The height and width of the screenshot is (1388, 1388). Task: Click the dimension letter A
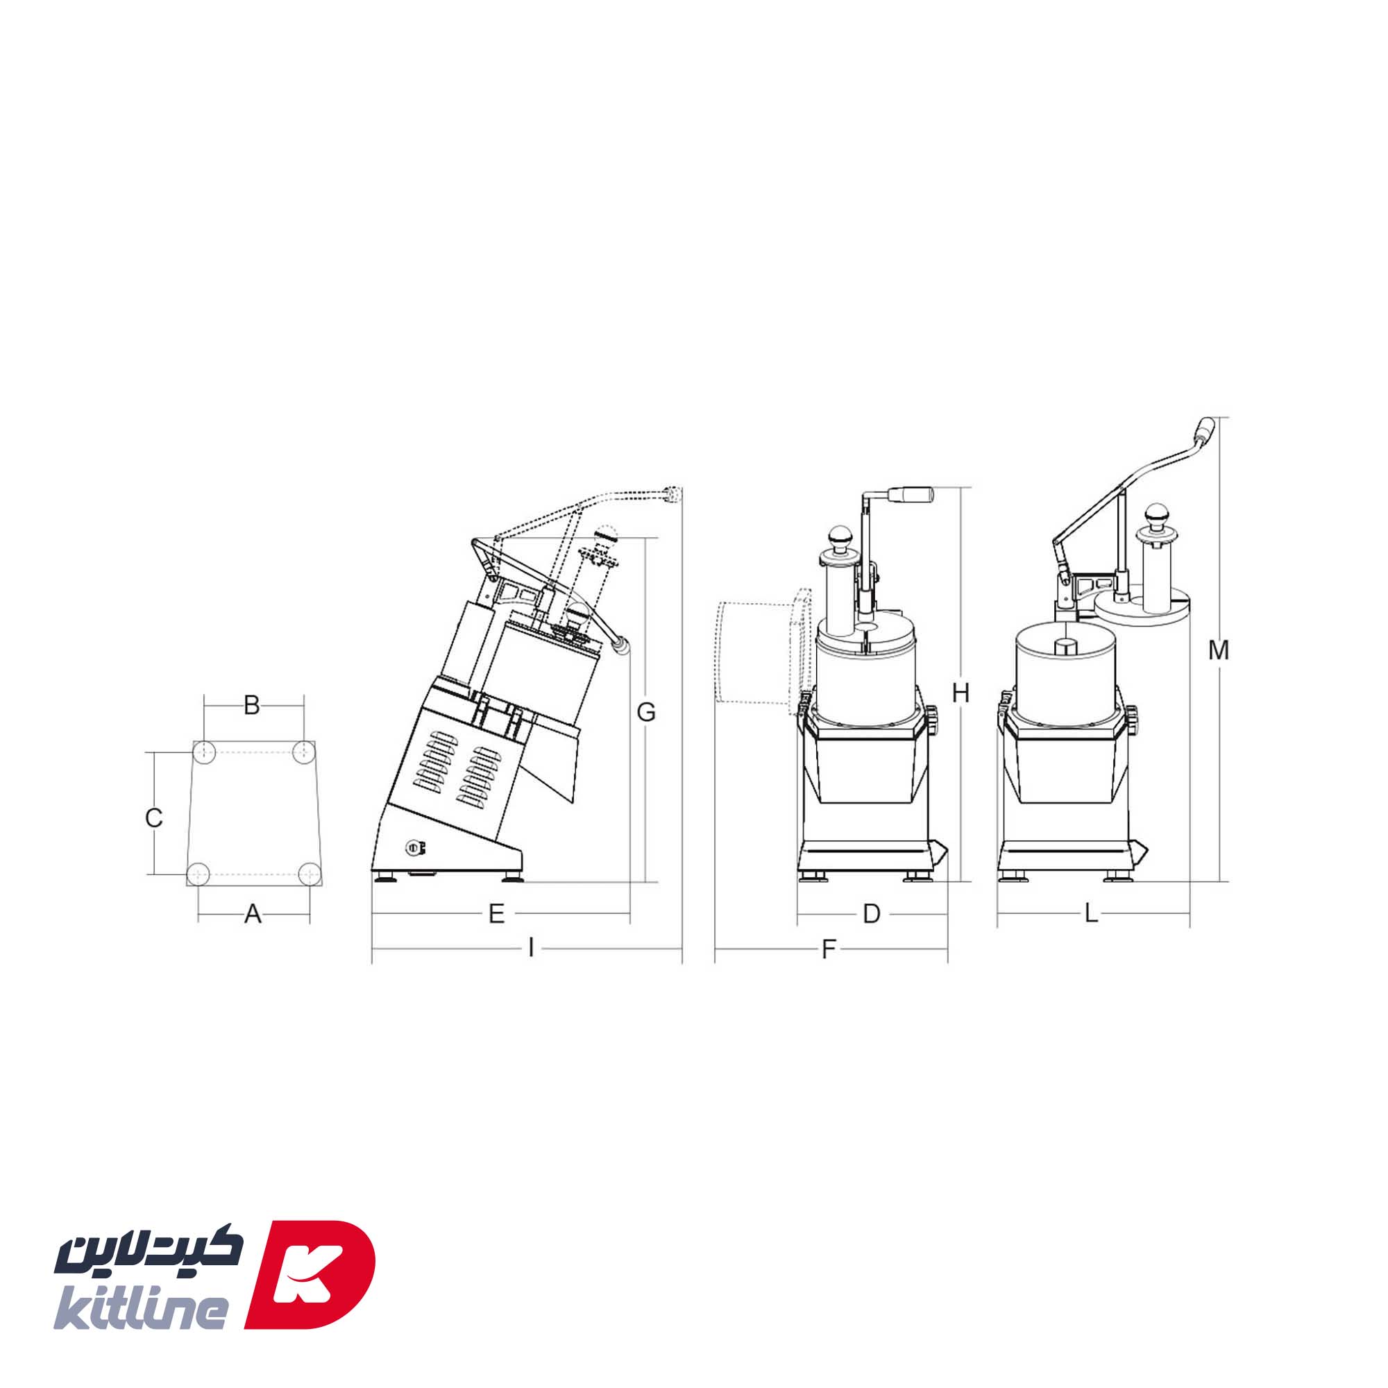[x=252, y=915]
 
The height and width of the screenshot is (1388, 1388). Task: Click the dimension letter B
[x=251, y=706]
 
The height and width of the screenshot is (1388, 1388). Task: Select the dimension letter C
[x=154, y=818]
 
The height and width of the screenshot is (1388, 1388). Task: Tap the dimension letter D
[x=872, y=915]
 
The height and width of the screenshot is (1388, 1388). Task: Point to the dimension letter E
[x=496, y=915]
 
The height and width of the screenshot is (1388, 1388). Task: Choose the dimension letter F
[x=829, y=950]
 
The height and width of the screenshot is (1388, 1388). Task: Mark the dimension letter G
[x=647, y=712]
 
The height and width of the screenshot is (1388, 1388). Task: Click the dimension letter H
[x=960, y=693]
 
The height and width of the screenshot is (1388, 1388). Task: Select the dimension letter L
[x=1091, y=915]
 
